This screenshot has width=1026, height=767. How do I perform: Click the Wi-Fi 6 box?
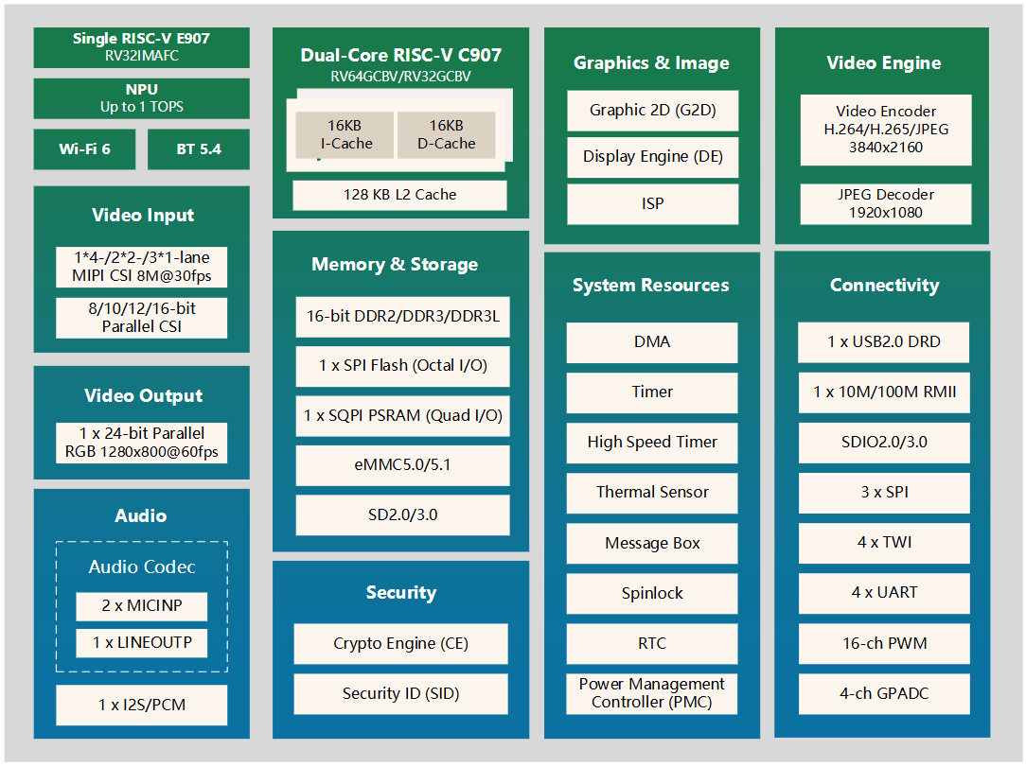coord(84,149)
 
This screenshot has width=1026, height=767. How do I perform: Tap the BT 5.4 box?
coord(198,149)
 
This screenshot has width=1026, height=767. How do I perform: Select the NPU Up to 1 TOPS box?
coord(141,98)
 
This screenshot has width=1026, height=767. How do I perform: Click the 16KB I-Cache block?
coord(345,134)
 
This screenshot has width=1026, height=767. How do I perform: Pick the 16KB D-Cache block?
coord(446,134)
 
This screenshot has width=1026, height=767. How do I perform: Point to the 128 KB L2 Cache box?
coord(399,195)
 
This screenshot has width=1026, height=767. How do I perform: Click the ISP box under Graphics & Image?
coord(652,204)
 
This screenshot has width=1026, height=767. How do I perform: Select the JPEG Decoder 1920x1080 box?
coord(885,203)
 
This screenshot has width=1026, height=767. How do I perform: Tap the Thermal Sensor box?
coord(652,492)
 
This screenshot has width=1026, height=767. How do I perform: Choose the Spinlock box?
coord(652,593)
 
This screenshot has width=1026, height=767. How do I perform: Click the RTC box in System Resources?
coord(652,643)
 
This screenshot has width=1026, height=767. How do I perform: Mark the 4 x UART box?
coord(884,593)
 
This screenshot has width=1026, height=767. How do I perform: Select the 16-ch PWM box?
coord(884,643)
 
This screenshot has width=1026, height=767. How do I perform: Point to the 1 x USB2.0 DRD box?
coord(884,341)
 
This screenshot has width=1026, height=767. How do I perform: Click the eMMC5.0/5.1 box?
coord(402,465)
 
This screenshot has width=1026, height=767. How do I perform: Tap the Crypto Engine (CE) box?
coord(400,643)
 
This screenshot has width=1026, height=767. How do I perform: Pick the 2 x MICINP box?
coord(141,606)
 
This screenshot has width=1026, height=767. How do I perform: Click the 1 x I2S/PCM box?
coord(141,705)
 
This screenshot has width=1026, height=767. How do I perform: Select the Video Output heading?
coord(143,395)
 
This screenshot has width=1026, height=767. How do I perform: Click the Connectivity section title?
coord(884,285)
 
